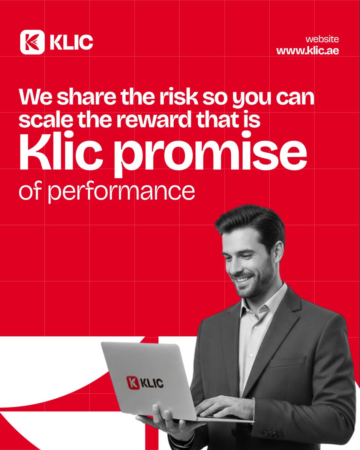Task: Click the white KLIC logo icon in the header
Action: (32, 42)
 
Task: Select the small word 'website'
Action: (322, 39)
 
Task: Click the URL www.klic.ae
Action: (307, 51)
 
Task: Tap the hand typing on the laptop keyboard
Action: (221, 407)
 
